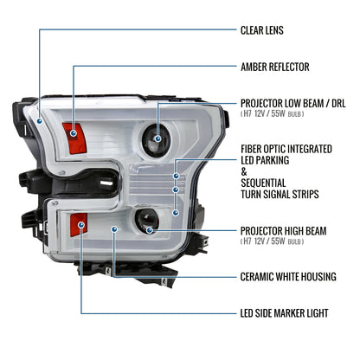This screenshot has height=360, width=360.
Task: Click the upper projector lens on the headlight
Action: pos(158,132)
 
